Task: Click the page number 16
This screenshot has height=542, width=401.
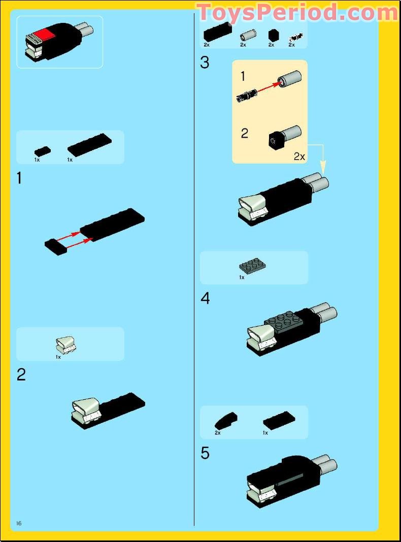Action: pos(19,523)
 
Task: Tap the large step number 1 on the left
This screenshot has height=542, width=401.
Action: pos(19,178)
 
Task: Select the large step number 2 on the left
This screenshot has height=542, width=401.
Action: pos(21,375)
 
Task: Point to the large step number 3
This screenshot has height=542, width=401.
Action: pos(205,62)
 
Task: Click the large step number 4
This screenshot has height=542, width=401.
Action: pos(205,298)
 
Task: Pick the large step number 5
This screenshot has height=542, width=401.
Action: pos(205,453)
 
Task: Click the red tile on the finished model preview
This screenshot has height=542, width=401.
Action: pos(44,34)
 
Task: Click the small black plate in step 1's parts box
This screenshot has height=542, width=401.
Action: pos(43,151)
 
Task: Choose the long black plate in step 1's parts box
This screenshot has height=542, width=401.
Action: pos(89,145)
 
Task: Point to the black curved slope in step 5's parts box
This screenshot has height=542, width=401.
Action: pos(226,420)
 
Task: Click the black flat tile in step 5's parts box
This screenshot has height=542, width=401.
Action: pos(279,420)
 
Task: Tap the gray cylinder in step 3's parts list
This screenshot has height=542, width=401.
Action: pos(248,36)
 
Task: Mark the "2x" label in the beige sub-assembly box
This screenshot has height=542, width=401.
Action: pos(299,156)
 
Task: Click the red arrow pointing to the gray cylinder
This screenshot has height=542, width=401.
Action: pos(269,87)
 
